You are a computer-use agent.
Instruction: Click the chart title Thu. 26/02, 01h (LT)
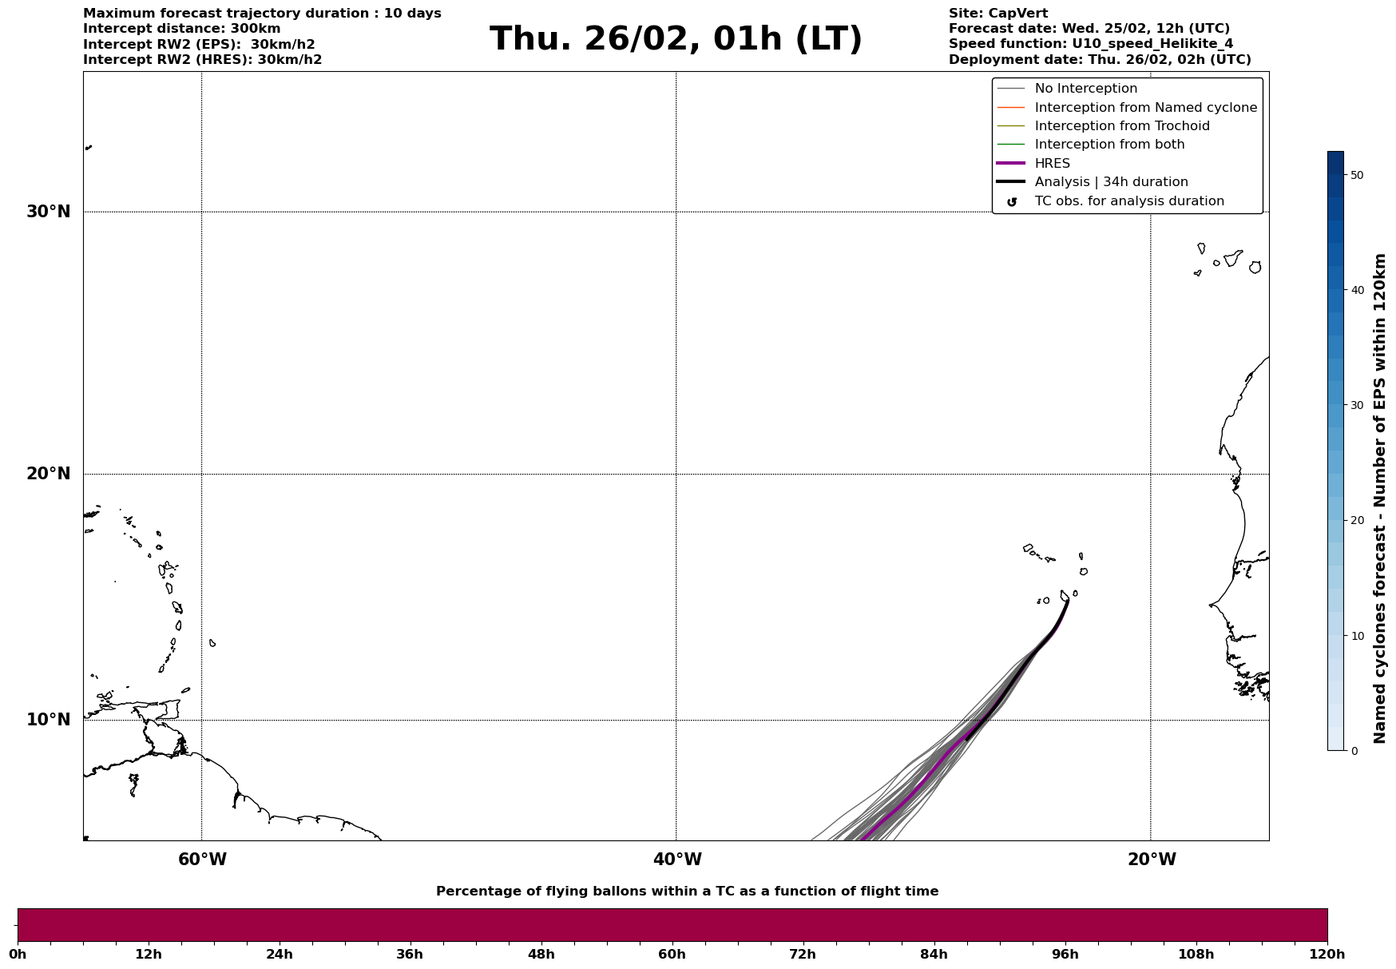[676, 39]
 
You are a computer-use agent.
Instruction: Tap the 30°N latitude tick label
[48, 212]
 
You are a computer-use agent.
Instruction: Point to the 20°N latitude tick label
[48, 474]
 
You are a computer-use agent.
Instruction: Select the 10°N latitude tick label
[48, 720]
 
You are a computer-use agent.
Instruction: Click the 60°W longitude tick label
[202, 860]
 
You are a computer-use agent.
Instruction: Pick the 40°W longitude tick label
[677, 860]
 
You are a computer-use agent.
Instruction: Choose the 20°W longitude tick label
[1152, 860]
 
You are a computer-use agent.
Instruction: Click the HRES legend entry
[1052, 164]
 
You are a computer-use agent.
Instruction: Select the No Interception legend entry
[1085, 89]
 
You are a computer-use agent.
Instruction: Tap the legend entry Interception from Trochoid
[1121, 126]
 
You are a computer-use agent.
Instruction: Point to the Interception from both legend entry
[1109, 145]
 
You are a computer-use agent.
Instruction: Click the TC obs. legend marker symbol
[1012, 202]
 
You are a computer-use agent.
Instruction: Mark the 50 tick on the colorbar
[1356, 175]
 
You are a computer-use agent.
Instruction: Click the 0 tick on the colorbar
[1354, 751]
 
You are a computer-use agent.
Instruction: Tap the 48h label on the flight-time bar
[541, 954]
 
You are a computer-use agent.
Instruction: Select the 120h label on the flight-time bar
[1327, 954]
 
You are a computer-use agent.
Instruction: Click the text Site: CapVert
[997, 14]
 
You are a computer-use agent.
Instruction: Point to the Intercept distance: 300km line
[181, 29]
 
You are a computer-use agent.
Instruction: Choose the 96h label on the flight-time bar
[1065, 954]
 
